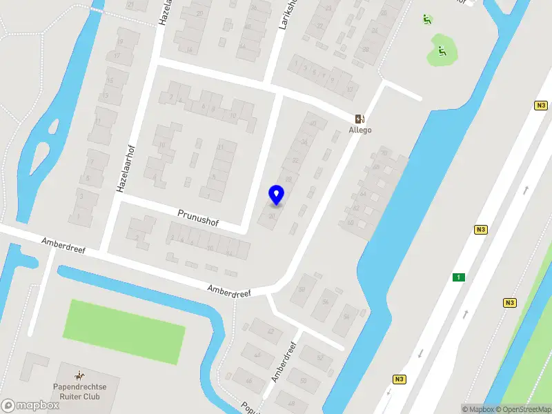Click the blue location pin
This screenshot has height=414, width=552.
[x=276, y=195]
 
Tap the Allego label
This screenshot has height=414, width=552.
[x=360, y=130]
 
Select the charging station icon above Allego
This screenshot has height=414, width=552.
[x=359, y=118]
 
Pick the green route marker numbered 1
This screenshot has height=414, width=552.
[x=457, y=277]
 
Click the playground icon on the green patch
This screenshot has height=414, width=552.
[x=442, y=50]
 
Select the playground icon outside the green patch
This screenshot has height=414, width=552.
[x=427, y=19]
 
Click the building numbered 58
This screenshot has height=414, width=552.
[x=301, y=288]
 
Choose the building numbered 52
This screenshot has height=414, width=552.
[x=319, y=357]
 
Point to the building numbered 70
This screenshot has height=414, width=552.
[x=384, y=152]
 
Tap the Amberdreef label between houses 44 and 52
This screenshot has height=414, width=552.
[x=284, y=362]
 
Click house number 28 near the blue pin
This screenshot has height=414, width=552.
[x=288, y=179]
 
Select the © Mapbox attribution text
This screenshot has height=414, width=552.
[x=477, y=409]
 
